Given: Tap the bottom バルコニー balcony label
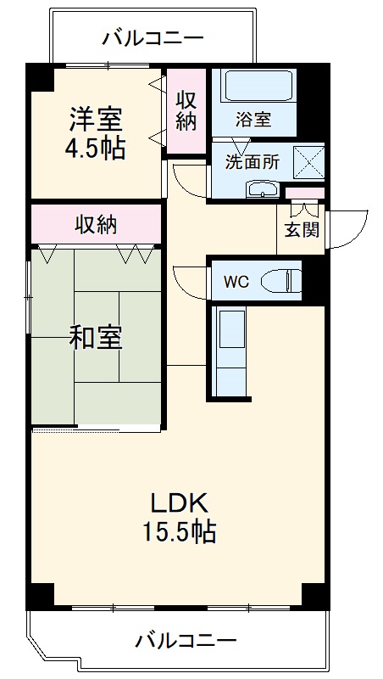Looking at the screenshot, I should (x=186, y=641).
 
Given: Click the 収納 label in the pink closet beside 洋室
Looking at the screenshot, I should (x=186, y=110).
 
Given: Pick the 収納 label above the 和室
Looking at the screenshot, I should (x=96, y=225).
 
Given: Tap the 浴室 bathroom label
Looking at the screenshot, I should (x=254, y=119).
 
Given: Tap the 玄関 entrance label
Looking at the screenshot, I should (x=302, y=230).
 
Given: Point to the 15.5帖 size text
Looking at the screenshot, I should (x=179, y=532).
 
